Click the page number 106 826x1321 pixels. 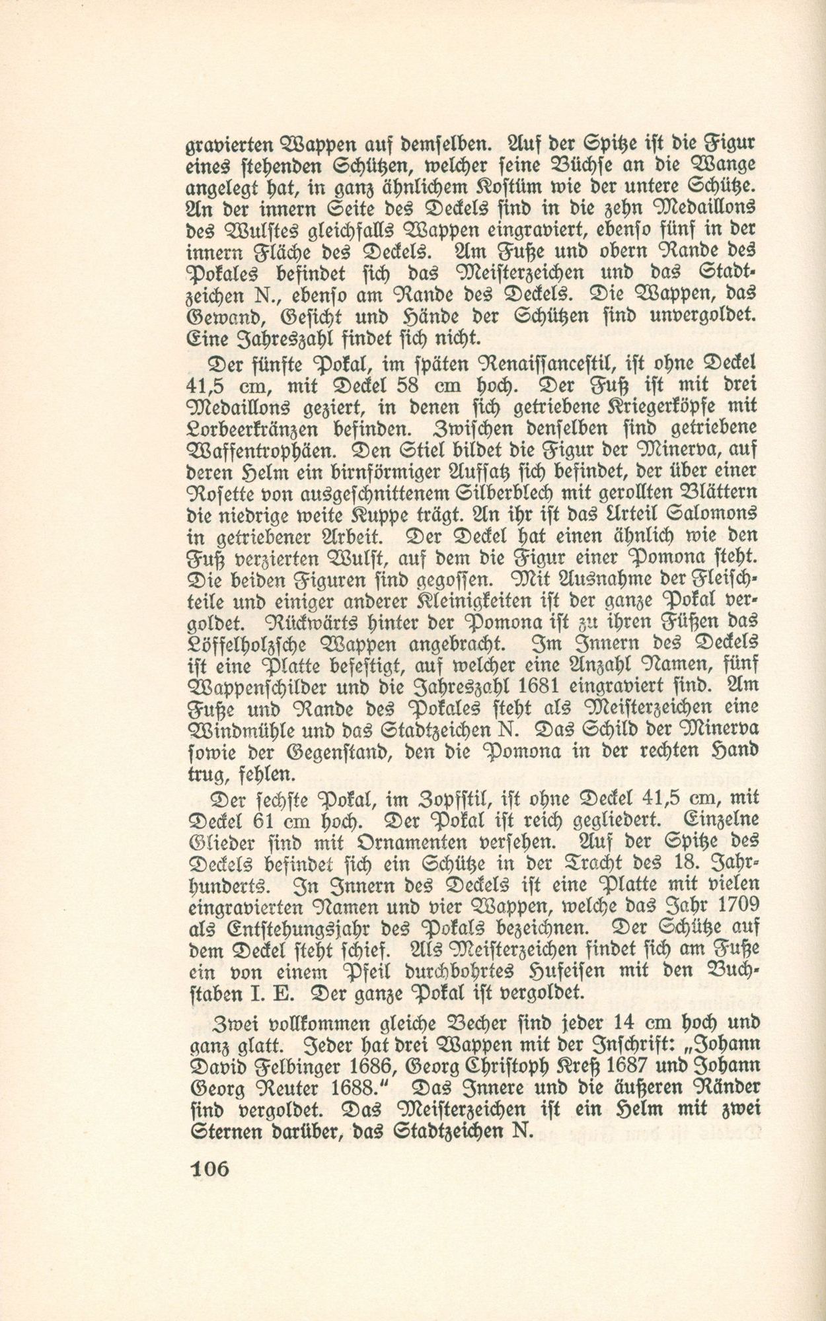click(x=209, y=1168)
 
